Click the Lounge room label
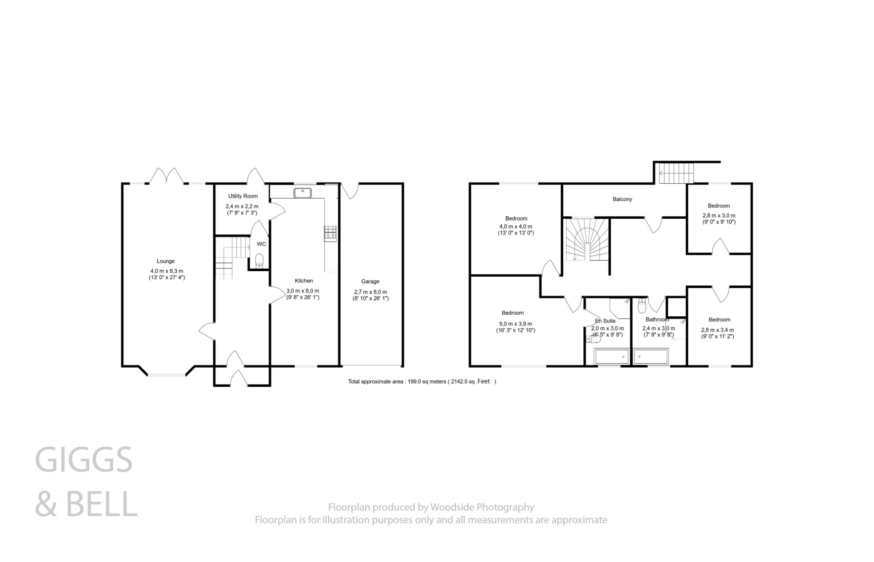tap(166, 261)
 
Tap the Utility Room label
tap(243, 196)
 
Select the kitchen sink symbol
tap(303, 193)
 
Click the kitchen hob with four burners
tap(330, 232)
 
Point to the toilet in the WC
tap(259, 261)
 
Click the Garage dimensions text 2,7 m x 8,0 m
tap(370, 292)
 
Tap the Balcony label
tap(622, 199)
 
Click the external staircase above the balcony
tap(676, 173)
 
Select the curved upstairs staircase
tap(587, 240)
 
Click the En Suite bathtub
tap(611, 356)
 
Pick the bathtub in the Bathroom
tap(650, 356)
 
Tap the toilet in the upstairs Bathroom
tap(642, 306)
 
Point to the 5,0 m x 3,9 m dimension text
tap(516, 324)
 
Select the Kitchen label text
tap(304, 281)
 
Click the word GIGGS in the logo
tap(84, 460)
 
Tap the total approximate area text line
tap(422, 382)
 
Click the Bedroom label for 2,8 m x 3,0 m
tap(719, 206)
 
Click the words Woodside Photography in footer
tap(482, 507)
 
